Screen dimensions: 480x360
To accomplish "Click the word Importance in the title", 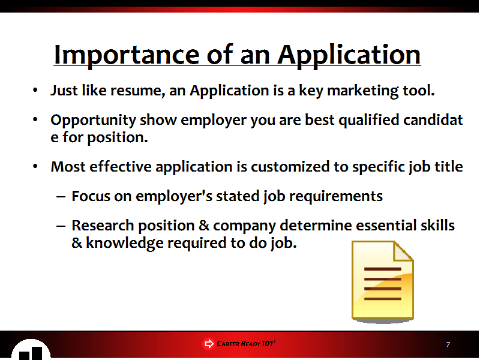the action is point(127,56).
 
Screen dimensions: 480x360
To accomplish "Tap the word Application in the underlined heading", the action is point(349,56).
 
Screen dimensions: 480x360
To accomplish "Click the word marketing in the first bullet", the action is point(363,91).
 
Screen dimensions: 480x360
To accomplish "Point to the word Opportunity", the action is point(94,121).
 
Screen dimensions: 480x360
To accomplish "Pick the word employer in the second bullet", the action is point(214,121).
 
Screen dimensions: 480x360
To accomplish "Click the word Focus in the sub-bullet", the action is point(91,196).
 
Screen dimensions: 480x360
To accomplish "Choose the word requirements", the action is point(336,197).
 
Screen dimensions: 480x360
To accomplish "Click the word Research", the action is point(103,226).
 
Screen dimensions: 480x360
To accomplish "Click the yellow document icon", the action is point(383,281).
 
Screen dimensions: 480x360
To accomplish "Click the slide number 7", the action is point(448,344).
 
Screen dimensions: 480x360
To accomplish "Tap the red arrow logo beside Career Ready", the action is point(209,344).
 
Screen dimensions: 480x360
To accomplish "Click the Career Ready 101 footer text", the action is point(246,344).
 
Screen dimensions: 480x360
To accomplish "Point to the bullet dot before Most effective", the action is point(35,167).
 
